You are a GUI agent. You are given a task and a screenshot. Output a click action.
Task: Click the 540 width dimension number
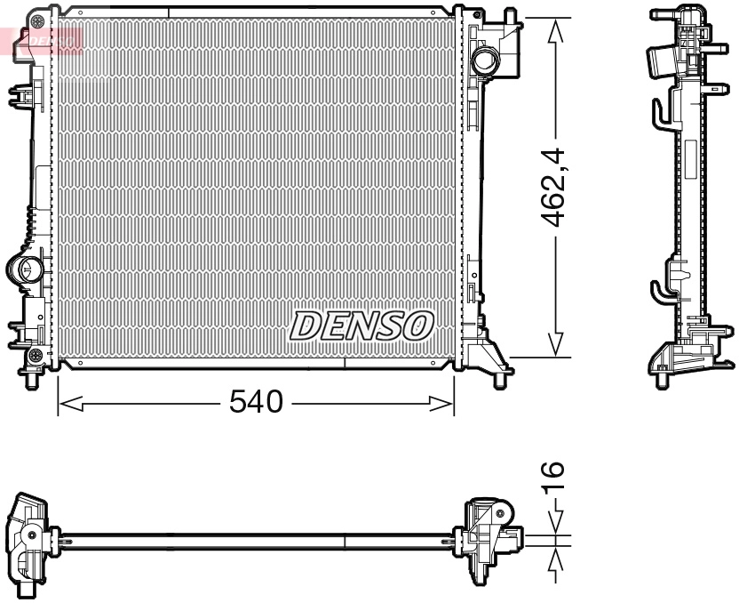pos(255,403)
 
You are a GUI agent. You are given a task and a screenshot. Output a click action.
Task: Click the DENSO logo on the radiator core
pos(361,326)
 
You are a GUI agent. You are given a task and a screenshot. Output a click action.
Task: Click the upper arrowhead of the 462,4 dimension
pos(556,30)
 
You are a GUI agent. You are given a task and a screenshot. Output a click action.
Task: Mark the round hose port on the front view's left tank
pos(27,268)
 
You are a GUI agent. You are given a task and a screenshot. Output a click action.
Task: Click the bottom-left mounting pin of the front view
pos(34,380)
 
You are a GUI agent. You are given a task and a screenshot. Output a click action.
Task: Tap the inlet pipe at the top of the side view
pos(662,62)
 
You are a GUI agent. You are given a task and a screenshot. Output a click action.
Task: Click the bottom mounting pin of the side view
pos(662,381)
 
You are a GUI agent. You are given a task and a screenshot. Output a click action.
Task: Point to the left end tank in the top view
pos(28,539)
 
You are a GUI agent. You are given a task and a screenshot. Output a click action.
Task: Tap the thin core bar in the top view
pos(258,537)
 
